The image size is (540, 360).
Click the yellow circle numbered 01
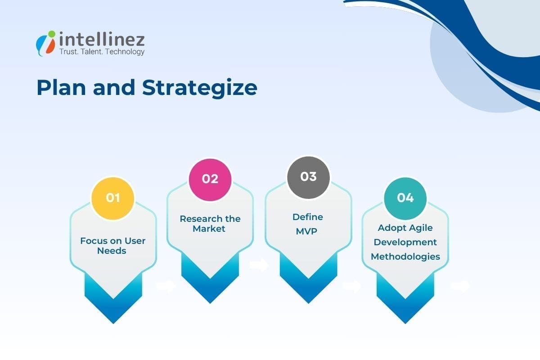click(113, 198)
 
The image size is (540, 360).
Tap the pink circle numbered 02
click(210, 179)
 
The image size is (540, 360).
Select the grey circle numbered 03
click(308, 177)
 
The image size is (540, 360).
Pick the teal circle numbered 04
click(405, 198)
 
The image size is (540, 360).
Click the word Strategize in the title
click(200, 88)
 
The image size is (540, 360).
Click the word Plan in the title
click(59, 88)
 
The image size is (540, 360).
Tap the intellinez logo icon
click(46, 43)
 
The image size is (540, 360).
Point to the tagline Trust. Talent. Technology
click(102, 52)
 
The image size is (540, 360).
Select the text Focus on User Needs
click(113, 246)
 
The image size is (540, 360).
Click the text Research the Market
click(210, 224)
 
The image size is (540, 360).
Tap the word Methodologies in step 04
click(405, 256)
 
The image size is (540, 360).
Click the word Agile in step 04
click(421, 228)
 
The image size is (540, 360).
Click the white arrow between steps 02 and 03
click(259, 265)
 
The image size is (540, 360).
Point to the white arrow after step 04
click(460, 286)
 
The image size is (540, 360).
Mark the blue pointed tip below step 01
click(113, 310)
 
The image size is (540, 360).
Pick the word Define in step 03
click(308, 217)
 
